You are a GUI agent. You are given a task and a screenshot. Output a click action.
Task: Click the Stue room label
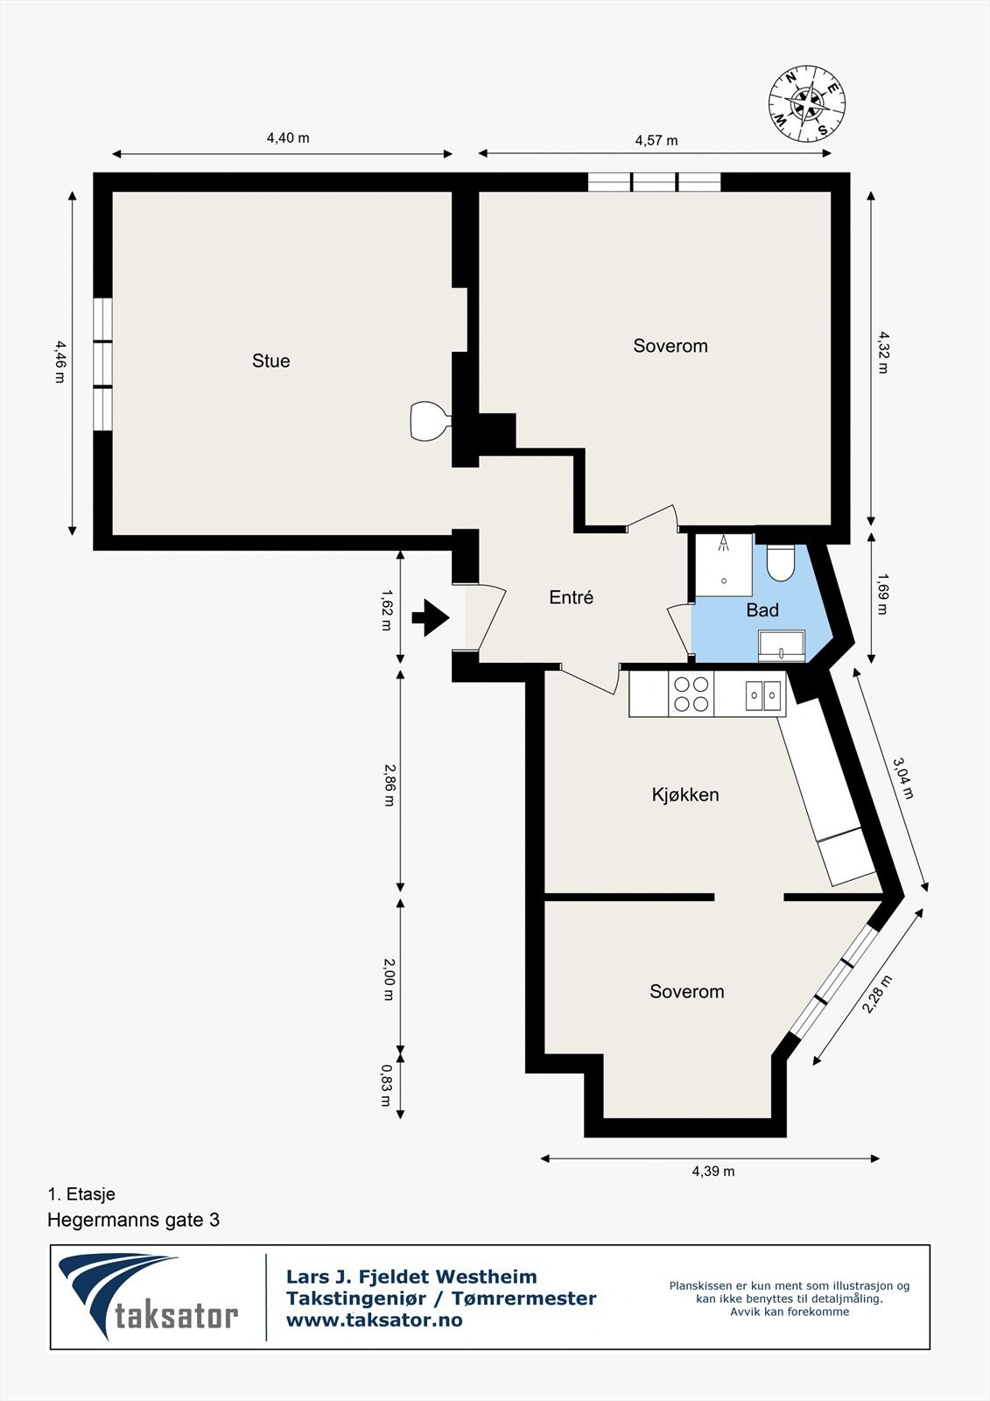click(x=270, y=361)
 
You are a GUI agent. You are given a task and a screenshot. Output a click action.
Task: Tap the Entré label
click(x=571, y=597)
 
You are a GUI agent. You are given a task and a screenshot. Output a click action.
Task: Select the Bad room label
click(x=762, y=610)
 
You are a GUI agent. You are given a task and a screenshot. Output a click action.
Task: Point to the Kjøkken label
click(x=685, y=795)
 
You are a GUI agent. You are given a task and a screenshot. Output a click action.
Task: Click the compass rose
click(x=807, y=104)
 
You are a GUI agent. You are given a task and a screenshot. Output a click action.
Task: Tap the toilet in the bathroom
click(x=779, y=562)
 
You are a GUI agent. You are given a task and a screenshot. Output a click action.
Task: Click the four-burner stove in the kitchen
click(x=691, y=694)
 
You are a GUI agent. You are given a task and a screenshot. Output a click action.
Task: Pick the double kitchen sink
click(x=763, y=695)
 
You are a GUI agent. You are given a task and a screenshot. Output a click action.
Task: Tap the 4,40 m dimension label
click(x=288, y=137)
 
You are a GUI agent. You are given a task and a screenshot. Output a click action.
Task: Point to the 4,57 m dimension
click(x=656, y=140)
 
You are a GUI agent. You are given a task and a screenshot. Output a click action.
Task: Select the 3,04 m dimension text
click(x=903, y=778)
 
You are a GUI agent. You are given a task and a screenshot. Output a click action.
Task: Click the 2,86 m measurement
click(x=389, y=785)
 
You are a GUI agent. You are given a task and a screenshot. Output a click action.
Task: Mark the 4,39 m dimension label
click(x=713, y=1171)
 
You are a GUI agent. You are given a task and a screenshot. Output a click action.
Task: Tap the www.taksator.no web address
click(x=375, y=1320)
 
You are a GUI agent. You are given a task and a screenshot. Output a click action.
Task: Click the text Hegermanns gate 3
click(x=133, y=1220)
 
